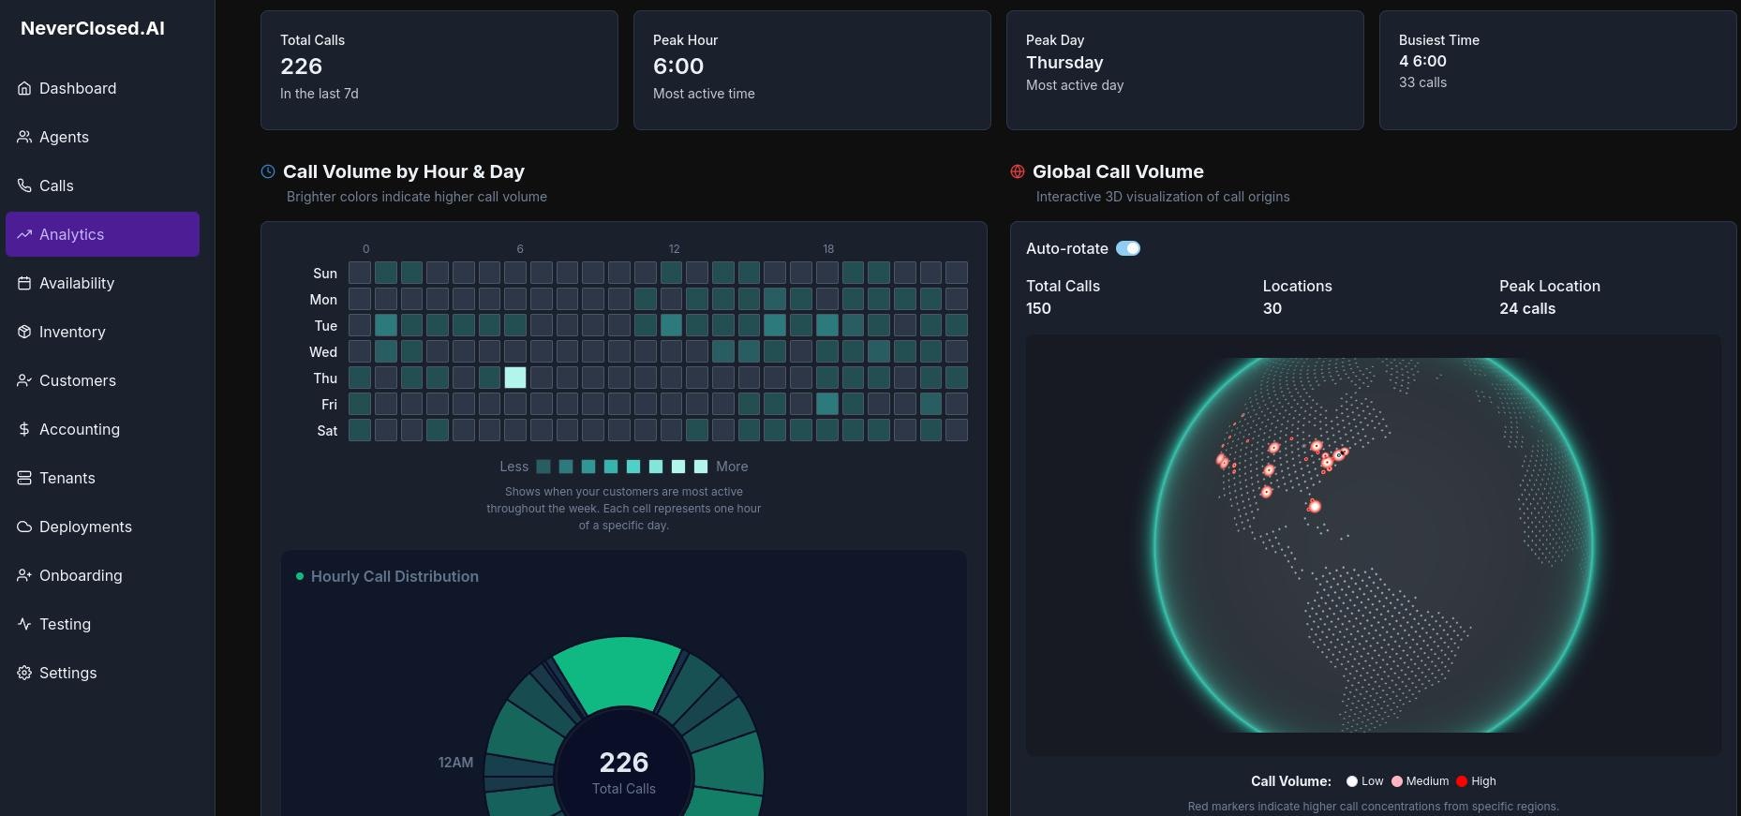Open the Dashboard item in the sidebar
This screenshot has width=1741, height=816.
pos(77,88)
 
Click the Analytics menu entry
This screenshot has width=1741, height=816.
pos(71,234)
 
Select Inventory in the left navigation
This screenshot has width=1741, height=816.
pos(71,332)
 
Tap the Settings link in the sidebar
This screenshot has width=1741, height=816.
pos(67,673)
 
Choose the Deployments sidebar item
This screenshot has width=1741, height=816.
pos(85,527)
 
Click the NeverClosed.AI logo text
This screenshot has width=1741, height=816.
pos(93,28)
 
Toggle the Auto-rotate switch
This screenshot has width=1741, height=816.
pos(1128,248)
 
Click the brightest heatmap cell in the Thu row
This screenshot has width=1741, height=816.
pos(515,378)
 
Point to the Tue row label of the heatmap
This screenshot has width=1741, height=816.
pos(325,326)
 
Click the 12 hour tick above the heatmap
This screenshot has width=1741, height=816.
pos(674,249)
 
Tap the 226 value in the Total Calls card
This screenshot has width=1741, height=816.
pos(301,67)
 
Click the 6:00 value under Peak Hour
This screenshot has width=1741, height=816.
pos(678,67)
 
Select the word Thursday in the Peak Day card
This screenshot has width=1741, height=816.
pos(1064,63)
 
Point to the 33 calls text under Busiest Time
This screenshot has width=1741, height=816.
pos(1422,82)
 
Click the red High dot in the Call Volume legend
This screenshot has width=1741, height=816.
pos(1461,781)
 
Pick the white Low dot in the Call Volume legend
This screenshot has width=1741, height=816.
pos(1352,781)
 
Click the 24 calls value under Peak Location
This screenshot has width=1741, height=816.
pos(1527,308)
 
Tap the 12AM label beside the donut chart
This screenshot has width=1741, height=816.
pos(455,763)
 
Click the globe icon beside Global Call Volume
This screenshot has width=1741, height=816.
pos(1018,171)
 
